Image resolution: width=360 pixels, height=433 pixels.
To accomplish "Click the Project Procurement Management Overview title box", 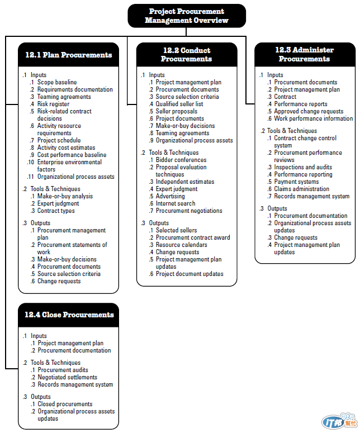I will pyautogui.click(x=187, y=16).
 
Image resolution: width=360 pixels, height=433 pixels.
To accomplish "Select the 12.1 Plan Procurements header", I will pyautogui.click(x=68, y=55).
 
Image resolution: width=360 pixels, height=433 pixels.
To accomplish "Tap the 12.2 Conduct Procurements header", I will pyautogui.click(x=187, y=55).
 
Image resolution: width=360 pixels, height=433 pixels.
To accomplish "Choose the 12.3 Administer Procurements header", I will pyautogui.click(x=305, y=54).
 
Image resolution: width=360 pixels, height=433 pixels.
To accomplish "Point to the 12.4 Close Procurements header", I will pyautogui.click(x=69, y=315).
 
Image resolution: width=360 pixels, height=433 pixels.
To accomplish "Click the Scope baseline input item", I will pyautogui.click(x=57, y=82).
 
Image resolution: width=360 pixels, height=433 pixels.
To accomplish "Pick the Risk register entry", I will pyautogui.click(x=54, y=104).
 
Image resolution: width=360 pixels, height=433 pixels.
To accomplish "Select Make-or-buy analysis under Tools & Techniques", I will pyautogui.click(x=65, y=196).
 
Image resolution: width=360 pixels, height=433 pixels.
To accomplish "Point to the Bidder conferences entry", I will pyautogui.click(x=181, y=160).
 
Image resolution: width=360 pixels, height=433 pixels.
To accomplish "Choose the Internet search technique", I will pyautogui.click(x=176, y=203).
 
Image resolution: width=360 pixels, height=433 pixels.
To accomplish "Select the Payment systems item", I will pyautogui.click(x=296, y=182).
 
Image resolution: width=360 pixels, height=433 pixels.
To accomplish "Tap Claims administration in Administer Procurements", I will pyautogui.click(x=302, y=189).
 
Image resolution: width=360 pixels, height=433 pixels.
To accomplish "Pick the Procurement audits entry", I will pyautogui.click(x=63, y=370).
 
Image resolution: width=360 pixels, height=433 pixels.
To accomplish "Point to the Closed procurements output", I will pyautogui.click(x=65, y=404).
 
